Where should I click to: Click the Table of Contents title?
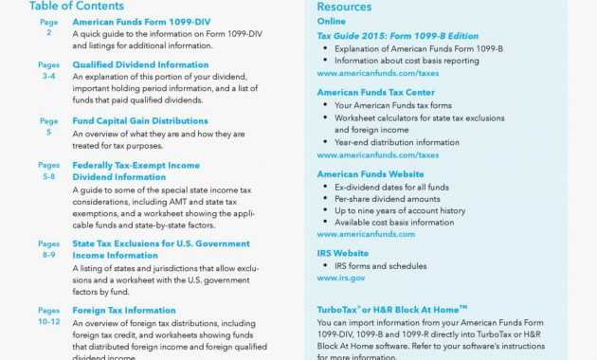(x=76, y=5)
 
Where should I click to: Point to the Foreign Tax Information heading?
(x=124, y=310)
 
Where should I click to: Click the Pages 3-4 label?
(x=48, y=70)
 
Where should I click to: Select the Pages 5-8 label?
(x=48, y=171)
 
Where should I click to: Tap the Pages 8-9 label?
(x=48, y=249)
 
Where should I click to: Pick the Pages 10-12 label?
(x=48, y=316)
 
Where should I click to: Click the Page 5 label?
(x=48, y=127)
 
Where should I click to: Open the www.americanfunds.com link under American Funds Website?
(x=366, y=234)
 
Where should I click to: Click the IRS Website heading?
(x=343, y=254)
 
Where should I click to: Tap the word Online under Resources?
(x=332, y=20)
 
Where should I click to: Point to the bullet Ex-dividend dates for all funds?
(x=391, y=188)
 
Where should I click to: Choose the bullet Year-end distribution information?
(x=396, y=142)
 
